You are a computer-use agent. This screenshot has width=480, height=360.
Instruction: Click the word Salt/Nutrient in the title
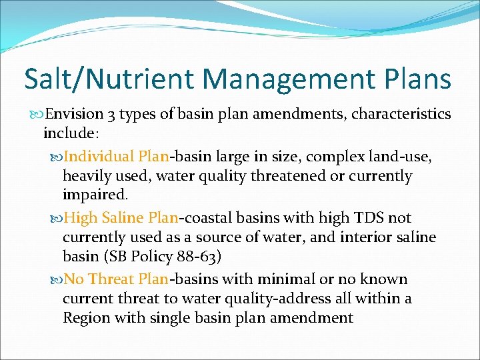[x=109, y=79]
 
